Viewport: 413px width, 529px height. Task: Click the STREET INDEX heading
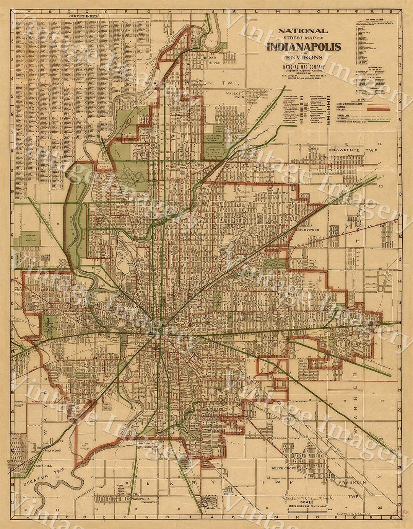pos(83,16)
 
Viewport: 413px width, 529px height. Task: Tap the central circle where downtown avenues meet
pos(160,330)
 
